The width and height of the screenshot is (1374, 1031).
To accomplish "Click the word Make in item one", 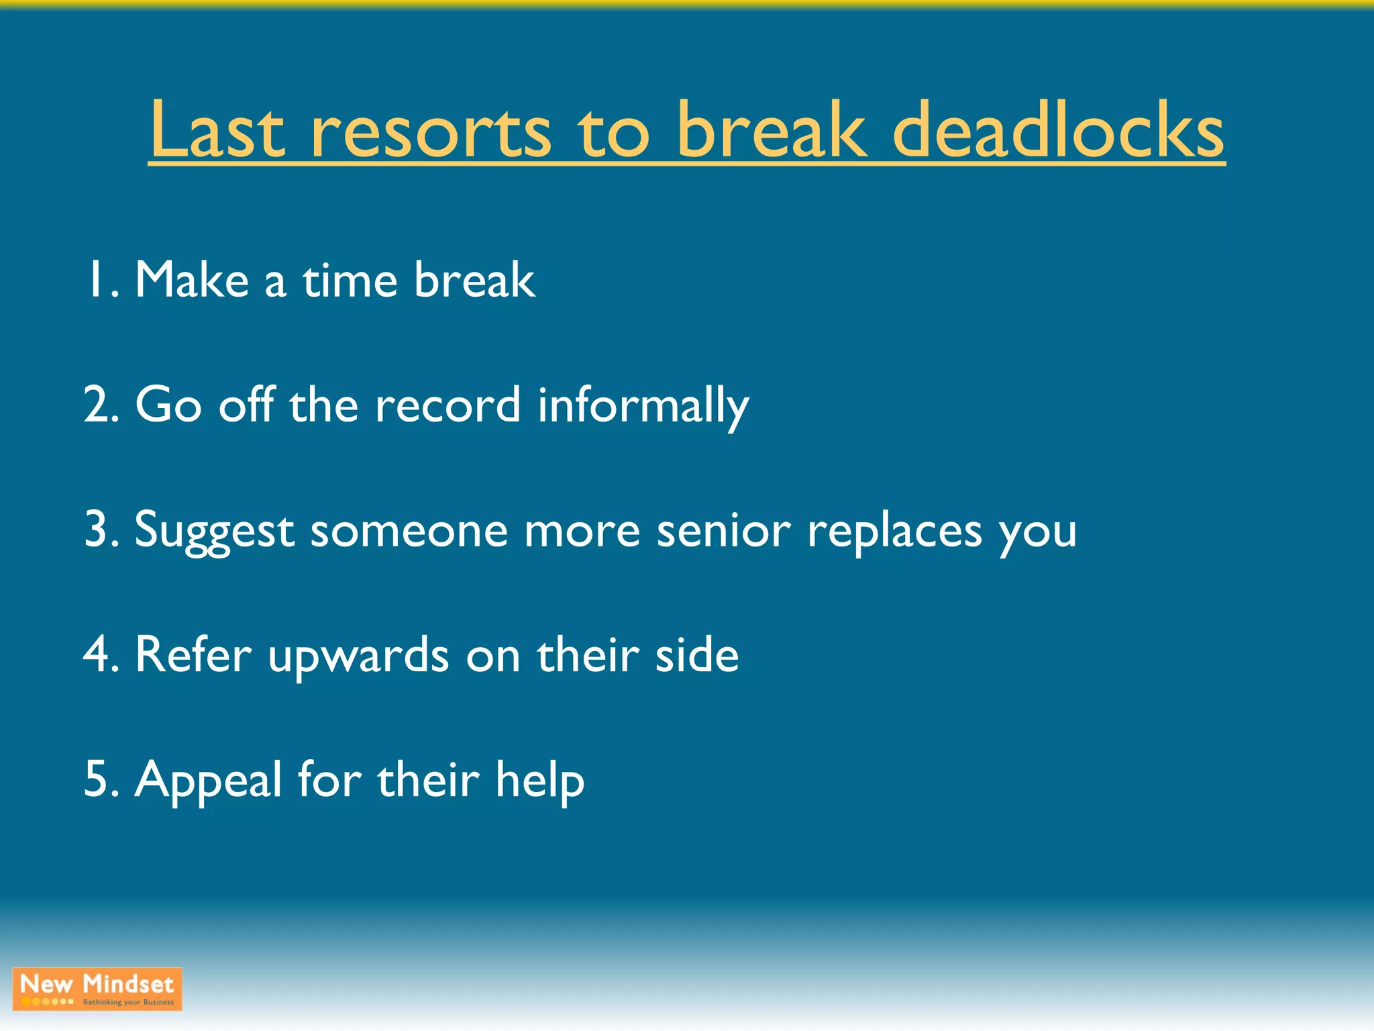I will [x=192, y=280].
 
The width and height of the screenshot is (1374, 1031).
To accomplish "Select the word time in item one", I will [x=350, y=280].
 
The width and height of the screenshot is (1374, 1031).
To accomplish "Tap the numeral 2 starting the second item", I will [x=95, y=405].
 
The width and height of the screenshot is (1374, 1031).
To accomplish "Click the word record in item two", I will [x=447, y=405].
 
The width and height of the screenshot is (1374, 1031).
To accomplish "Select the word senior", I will [x=724, y=530].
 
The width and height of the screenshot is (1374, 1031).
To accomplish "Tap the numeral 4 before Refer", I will [x=95, y=654].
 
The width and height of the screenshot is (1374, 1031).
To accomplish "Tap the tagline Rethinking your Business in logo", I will [x=128, y=1002].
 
